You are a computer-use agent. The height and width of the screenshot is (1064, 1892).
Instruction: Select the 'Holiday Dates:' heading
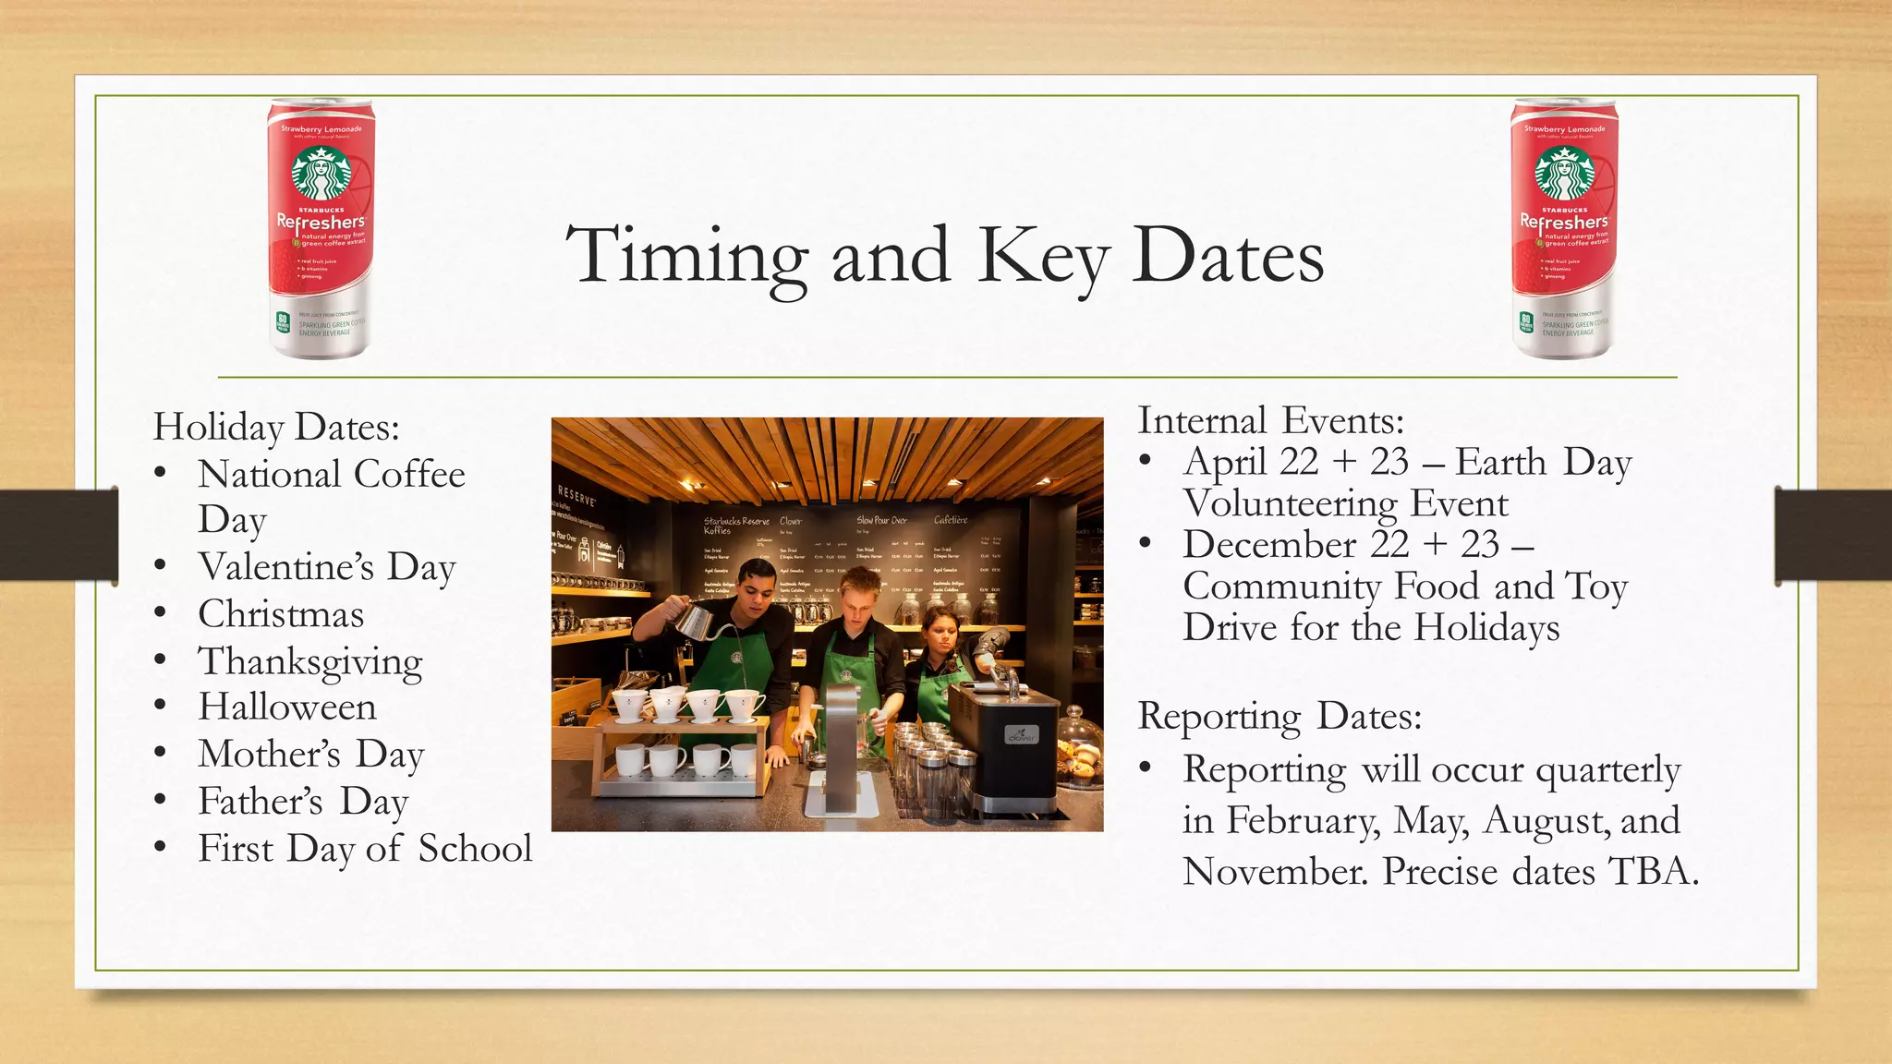[276, 427]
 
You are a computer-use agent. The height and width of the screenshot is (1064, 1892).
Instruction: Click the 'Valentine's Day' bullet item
[327, 567]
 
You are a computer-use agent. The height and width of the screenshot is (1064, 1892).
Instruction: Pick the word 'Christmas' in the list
[281, 614]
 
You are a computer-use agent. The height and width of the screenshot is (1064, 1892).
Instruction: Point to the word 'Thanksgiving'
[310, 662]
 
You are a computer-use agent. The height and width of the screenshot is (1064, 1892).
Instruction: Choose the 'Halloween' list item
[287, 707]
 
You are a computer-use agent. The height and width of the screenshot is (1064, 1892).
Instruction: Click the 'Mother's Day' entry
[311, 755]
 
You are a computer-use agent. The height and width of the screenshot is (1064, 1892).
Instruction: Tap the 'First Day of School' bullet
[365, 849]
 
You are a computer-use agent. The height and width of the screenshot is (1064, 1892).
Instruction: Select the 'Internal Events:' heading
[1270, 421]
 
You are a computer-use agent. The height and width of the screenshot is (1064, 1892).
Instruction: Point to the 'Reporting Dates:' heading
[1280, 716]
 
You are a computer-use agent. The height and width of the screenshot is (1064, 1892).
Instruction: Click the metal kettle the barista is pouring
[695, 620]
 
